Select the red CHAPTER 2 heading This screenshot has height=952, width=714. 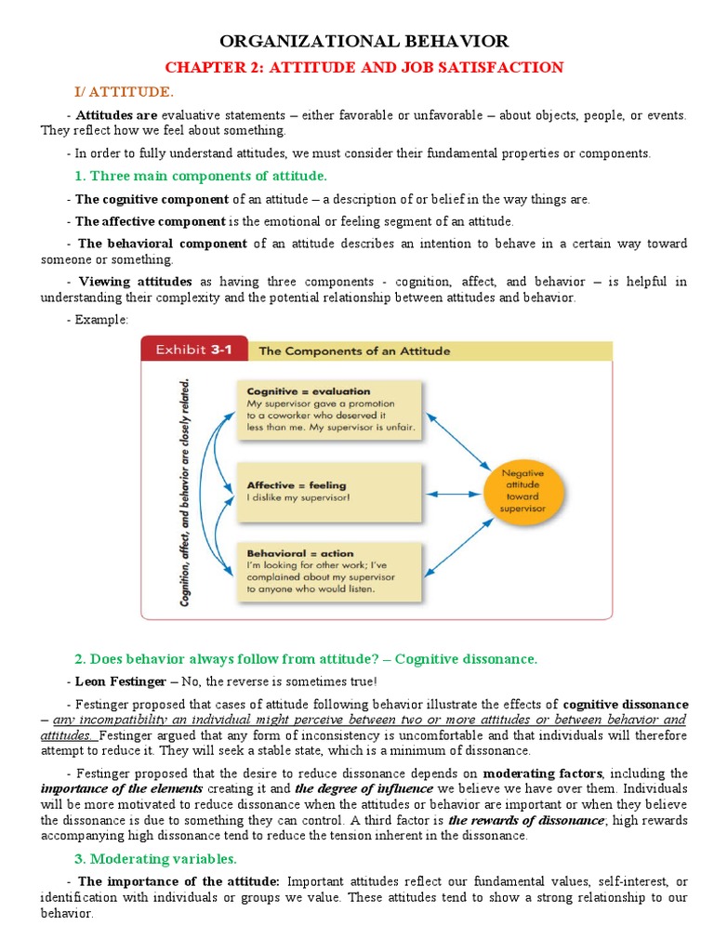[364, 67]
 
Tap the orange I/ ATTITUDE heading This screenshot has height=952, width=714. [124, 91]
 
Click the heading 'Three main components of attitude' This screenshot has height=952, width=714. [200, 176]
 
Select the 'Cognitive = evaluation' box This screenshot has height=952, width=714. [329, 410]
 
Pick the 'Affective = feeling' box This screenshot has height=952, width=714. [329, 489]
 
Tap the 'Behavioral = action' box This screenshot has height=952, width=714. [329, 570]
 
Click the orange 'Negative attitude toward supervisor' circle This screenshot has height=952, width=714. [522, 490]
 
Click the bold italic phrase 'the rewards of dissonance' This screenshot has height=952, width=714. [526, 820]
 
